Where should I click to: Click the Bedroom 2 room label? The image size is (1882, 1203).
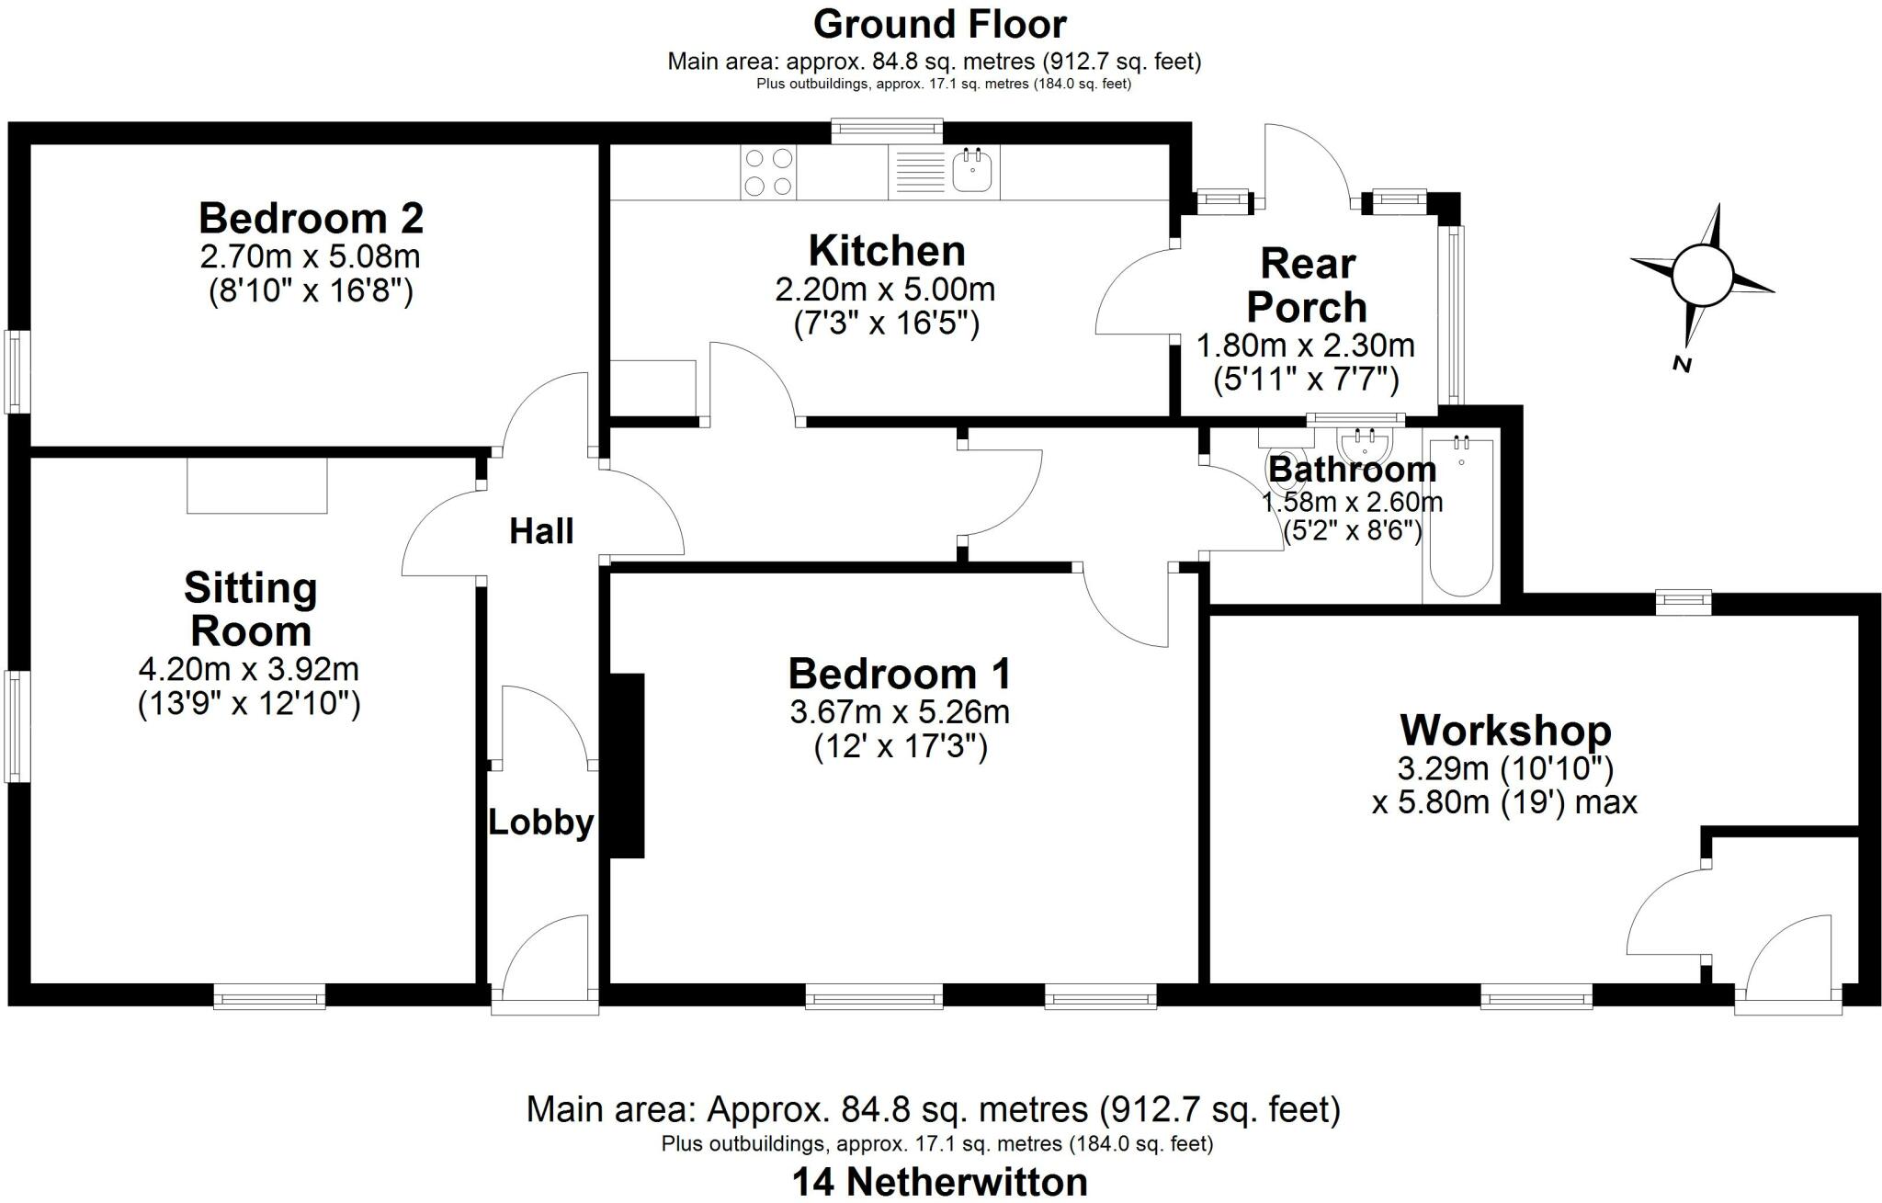(311, 219)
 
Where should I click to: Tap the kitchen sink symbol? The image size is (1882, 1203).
(971, 171)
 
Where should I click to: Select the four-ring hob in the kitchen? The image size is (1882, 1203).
(768, 172)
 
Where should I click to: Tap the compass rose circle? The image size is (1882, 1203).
(1701, 276)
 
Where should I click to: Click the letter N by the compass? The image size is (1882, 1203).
(1682, 364)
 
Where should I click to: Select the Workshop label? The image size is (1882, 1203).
(1505, 731)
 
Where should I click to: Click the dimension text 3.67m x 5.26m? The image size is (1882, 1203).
(899, 711)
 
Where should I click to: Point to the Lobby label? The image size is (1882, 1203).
(540, 823)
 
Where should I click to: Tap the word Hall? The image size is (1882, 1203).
(541, 531)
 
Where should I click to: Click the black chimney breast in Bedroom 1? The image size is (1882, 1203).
(627, 766)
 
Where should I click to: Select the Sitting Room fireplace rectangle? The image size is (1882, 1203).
(257, 485)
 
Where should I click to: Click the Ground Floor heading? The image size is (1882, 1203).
(939, 25)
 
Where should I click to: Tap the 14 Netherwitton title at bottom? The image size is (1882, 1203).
(939, 1182)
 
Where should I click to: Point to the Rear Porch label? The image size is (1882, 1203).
(1307, 286)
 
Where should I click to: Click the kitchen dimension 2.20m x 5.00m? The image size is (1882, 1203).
(885, 289)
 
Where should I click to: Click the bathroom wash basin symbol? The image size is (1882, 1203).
(1370, 447)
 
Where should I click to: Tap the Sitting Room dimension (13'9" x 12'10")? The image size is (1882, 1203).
(249, 704)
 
